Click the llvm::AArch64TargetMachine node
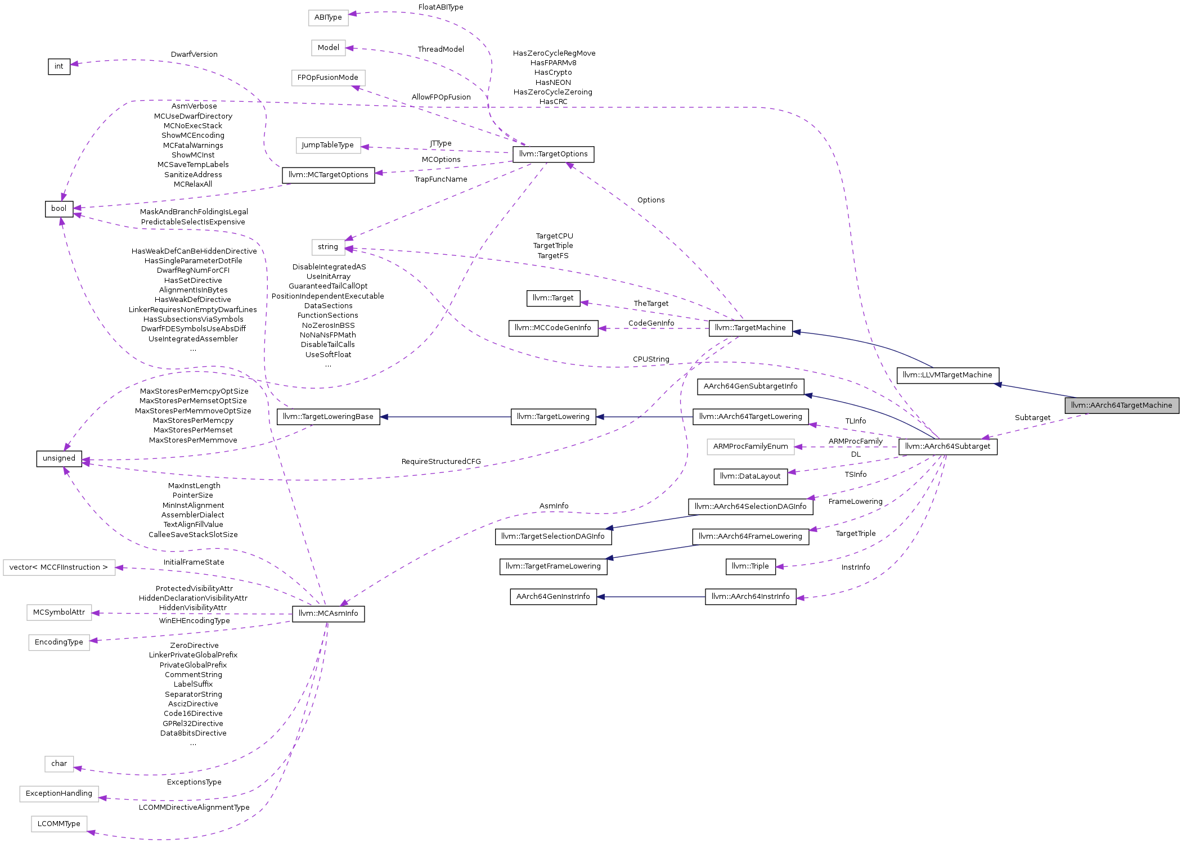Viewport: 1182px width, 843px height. coord(1121,405)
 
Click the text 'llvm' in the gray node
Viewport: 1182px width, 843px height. coord(1076,405)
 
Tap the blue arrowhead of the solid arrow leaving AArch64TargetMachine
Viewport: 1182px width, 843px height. coord(997,385)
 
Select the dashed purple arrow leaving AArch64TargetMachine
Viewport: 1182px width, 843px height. coord(1035,426)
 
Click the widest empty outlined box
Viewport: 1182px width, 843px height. coord(59,567)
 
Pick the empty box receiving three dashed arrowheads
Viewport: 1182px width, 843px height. coord(329,247)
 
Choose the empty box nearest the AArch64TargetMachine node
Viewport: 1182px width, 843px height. coord(750,447)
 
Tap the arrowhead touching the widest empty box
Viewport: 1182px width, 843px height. coord(119,568)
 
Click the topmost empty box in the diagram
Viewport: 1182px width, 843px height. coord(329,18)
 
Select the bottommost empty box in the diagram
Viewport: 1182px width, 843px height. coord(59,824)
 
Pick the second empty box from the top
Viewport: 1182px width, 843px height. coord(329,48)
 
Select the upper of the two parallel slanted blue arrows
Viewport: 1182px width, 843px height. coord(653,522)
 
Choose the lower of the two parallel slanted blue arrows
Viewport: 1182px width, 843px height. coord(653,552)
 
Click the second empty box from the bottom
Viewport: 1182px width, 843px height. coord(59,794)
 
